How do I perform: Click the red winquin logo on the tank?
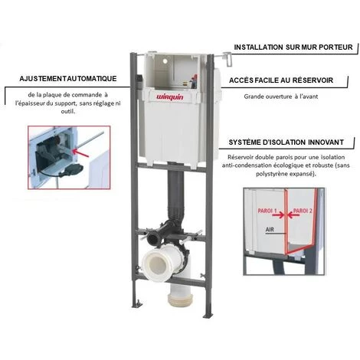point(170,97)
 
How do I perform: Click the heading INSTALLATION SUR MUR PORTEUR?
point(293,47)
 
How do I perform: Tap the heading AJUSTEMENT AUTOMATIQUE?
point(68,78)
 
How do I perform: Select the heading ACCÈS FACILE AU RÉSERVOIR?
point(281,80)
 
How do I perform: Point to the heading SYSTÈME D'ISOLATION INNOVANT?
point(286,142)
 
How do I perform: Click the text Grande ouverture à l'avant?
point(281,97)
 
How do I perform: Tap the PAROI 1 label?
point(267,211)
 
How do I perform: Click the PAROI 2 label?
point(303,211)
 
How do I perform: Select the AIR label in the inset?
point(270,230)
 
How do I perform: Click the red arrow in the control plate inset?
point(80,152)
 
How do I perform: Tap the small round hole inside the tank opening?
point(165,61)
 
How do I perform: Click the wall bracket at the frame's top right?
point(227,59)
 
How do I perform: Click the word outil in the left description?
point(68,111)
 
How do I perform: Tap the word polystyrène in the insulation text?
point(270,175)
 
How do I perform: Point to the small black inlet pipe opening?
point(152,239)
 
